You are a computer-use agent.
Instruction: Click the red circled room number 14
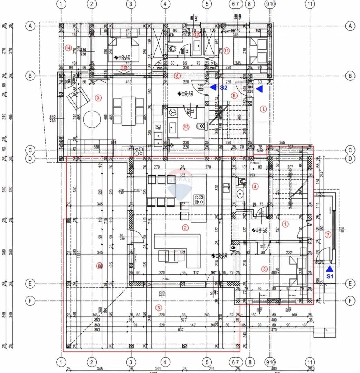68,48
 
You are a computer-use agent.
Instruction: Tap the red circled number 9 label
98,98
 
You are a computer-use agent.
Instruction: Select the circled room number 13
186,127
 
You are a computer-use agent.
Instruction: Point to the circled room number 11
227,50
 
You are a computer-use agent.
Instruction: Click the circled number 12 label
197,34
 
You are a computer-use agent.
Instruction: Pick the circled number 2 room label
186,228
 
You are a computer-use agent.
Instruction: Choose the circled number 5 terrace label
159,307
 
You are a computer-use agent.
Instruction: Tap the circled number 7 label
328,235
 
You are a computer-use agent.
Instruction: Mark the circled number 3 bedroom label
264,269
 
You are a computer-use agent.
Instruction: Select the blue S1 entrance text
330,276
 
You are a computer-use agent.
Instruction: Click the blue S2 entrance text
224,88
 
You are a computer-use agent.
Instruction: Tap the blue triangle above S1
330,268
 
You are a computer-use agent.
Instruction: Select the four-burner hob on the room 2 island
199,199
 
